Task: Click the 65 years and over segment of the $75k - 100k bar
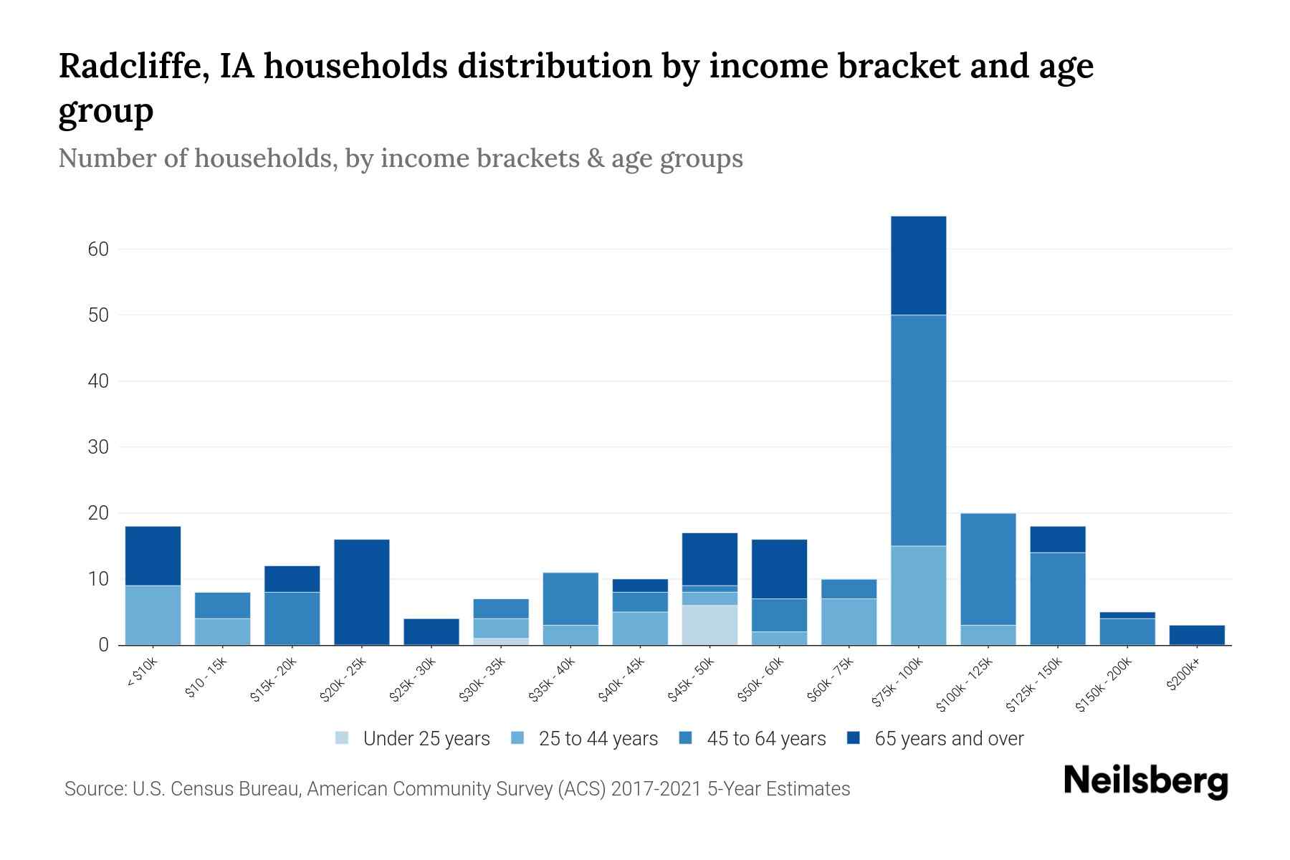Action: click(x=918, y=265)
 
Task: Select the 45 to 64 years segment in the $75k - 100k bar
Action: click(x=918, y=430)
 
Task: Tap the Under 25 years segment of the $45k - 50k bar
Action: click(x=709, y=625)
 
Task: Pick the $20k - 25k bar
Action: click(x=362, y=592)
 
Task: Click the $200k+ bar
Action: click(x=1197, y=635)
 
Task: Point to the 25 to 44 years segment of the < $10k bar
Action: click(x=153, y=615)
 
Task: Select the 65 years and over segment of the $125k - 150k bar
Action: click(x=1058, y=539)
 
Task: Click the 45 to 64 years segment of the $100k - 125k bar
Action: click(x=988, y=569)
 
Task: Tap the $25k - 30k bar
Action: click(x=431, y=631)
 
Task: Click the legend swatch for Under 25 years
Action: click(x=343, y=738)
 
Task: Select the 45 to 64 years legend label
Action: click(x=766, y=738)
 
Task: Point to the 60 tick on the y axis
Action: click(x=98, y=249)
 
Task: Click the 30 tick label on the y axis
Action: click(x=98, y=447)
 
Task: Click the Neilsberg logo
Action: click(x=1145, y=781)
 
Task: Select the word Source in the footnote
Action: click(x=94, y=789)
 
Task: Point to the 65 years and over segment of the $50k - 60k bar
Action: click(x=779, y=568)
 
